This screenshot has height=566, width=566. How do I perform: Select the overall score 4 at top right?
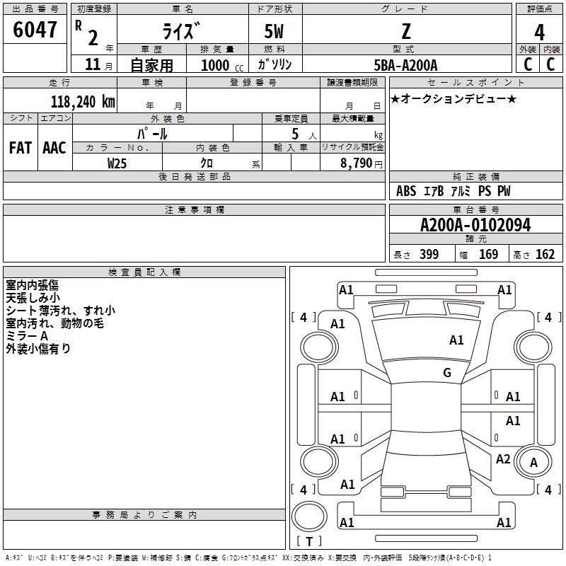(539, 33)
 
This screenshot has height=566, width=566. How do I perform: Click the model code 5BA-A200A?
(405, 65)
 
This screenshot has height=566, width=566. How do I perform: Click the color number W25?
(117, 163)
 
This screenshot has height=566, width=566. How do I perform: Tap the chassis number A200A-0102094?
(475, 225)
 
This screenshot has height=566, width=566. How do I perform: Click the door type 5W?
(275, 31)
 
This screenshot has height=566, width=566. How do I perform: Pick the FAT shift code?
(20, 147)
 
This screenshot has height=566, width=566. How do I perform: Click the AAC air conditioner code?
(54, 147)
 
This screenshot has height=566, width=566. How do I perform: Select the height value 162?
(545, 255)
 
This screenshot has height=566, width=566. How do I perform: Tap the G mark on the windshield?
(446, 373)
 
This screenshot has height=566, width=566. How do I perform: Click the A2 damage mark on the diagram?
(503, 459)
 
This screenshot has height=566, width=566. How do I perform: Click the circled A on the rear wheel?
(534, 463)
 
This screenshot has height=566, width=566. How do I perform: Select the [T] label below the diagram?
(309, 541)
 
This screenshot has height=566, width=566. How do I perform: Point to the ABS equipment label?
(406, 191)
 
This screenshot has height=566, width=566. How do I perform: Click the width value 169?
(488, 255)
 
